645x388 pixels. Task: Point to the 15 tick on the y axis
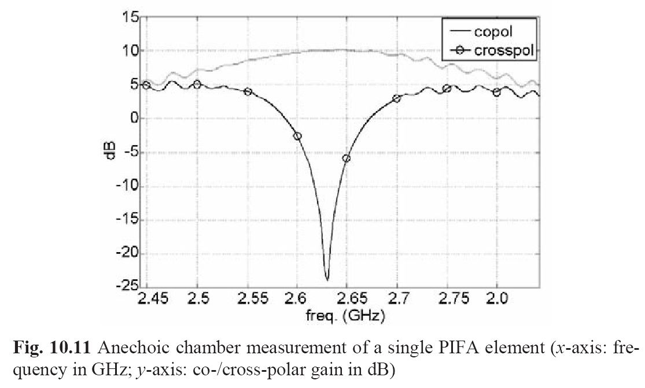130,17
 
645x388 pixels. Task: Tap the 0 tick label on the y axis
134,119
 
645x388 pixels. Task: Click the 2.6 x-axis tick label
297,299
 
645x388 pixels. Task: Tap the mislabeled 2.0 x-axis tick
496,299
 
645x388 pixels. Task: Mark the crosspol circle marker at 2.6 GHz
297,136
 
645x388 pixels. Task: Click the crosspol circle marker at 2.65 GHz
347,158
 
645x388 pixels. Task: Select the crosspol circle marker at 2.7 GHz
396,99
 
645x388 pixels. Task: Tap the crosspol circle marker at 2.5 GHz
197,84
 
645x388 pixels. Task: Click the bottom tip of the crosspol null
327,280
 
